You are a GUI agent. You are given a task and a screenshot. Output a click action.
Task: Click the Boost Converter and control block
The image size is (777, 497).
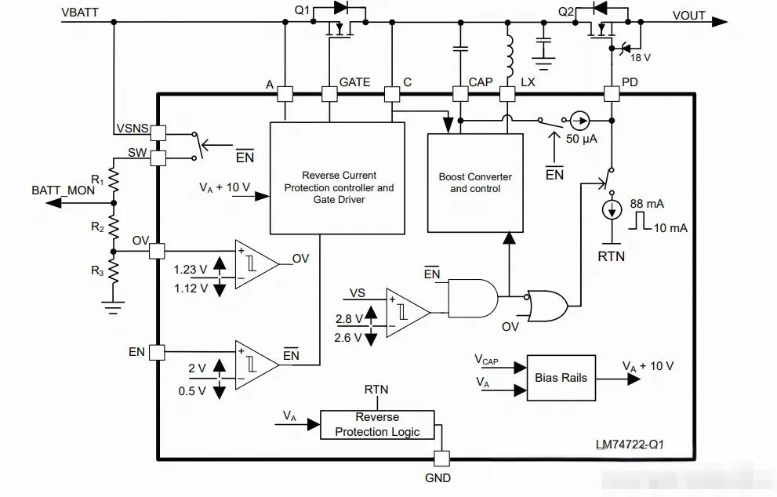click(x=475, y=183)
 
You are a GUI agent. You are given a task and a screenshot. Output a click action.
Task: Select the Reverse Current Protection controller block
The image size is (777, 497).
click(x=337, y=179)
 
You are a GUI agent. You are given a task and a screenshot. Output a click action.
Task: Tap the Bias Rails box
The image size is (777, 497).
click(x=561, y=378)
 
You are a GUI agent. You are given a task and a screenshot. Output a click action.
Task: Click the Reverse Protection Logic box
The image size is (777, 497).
click(x=377, y=425)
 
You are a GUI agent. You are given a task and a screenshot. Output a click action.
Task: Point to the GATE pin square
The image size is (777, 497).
click(x=329, y=94)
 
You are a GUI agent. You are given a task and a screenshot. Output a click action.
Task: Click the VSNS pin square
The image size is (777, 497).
click(x=158, y=132)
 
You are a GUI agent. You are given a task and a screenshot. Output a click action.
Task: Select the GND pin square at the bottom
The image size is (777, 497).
click(x=441, y=459)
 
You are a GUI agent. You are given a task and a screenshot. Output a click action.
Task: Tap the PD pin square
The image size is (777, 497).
click(x=612, y=94)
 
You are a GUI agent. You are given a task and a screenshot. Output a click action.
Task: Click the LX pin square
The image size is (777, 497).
click(x=507, y=94)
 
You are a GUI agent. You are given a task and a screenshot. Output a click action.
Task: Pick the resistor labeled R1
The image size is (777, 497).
click(x=114, y=180)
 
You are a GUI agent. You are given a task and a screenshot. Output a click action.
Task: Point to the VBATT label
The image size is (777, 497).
click(x=80, y=13)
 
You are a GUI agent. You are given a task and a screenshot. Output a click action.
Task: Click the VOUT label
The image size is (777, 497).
click(x=689, y=16)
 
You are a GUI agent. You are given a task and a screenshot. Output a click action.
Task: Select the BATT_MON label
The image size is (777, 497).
click(x=63, y=190)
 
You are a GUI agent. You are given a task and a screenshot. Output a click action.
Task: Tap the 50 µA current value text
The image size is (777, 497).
click(x=582, y=139)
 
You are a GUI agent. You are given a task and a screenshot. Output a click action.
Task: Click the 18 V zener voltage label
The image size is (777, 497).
click(x=641, y=58)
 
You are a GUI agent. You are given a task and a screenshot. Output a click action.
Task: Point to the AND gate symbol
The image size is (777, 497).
click(x=473, y=298)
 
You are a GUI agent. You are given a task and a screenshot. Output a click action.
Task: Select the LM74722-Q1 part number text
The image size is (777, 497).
click(x=630, y=444)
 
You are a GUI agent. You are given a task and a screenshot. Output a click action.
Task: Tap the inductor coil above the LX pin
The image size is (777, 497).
click(x=509, y=56)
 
